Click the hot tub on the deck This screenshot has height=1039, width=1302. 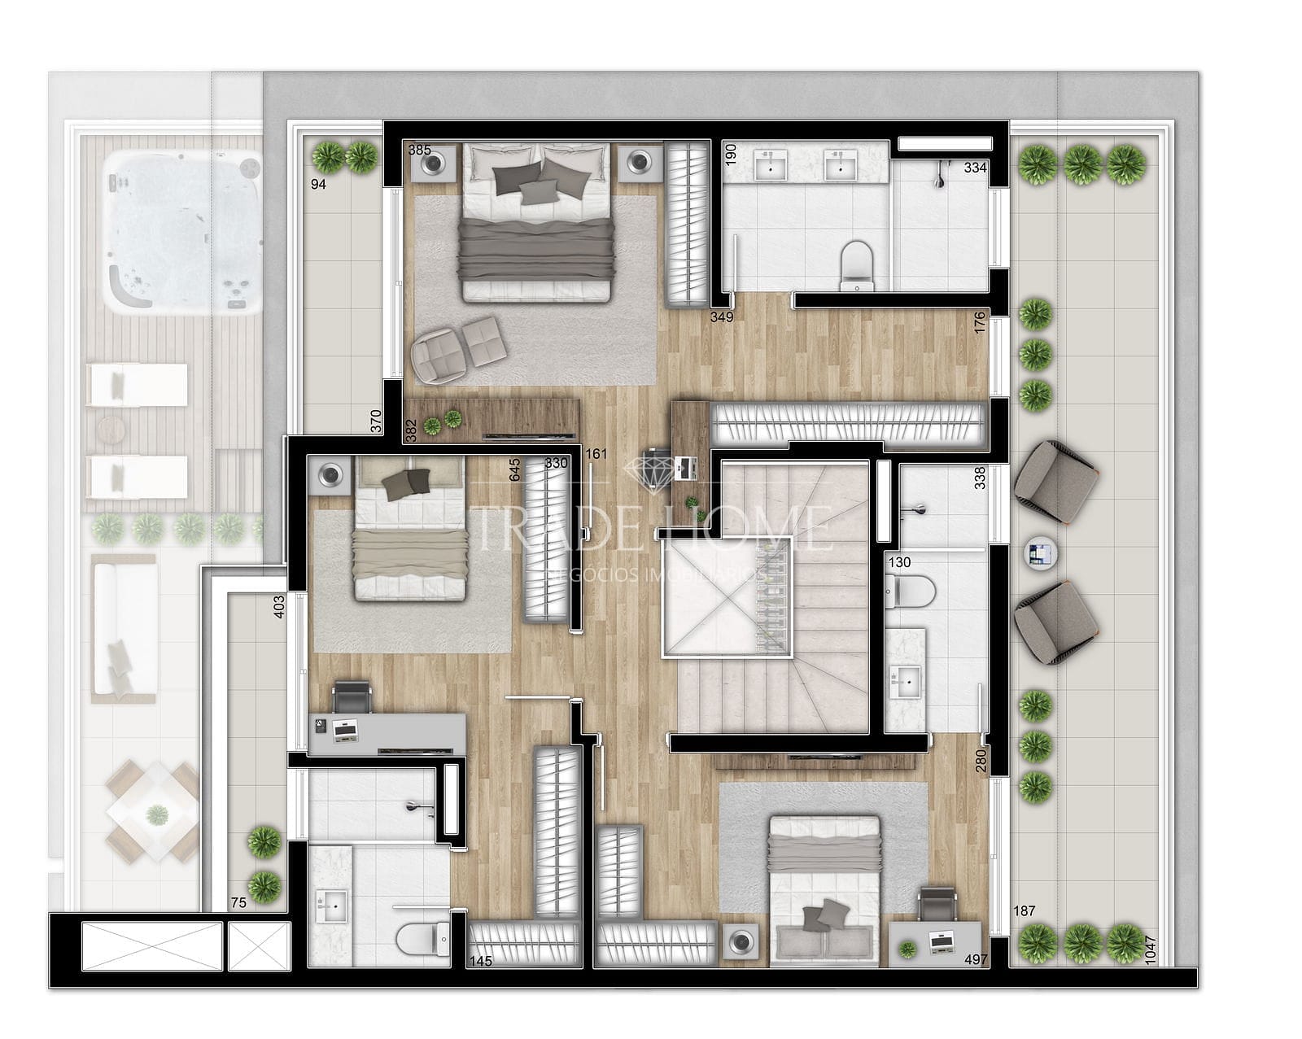pyautogui.click(x=182, y=231)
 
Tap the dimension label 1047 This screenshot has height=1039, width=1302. pyautogui.click(x=1149, y=948)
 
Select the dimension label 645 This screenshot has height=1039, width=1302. pyautogui.click(x=514, y=469)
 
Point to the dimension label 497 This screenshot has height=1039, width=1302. pyautogui.click(x=976, y=960)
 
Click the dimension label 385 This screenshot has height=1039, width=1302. pyautogui.click(x=420, y=151)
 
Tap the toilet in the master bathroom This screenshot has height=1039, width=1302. pyautogui.click(x=856, y=264)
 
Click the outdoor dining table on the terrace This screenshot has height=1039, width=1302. pyautogui.click(x=154, y=812)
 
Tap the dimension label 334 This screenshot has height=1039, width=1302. pyautogui.click(x=975, y=168)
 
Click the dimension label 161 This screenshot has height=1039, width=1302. pyautogui.click(x=596, y=453)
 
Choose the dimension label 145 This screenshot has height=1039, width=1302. pyautogui.click(x=481, y=961)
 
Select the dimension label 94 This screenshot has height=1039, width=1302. pyautogui.click(x=318, y=185)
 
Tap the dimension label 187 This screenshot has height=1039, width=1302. pyautogui.click(x=1025, y=910)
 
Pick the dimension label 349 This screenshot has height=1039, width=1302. pyautogui.click(x=722, y=317)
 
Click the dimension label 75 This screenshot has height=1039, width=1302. pyautogui.click(x=238, y=902)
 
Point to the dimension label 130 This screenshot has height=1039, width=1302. pyautogui.click(x=899, y=562)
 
